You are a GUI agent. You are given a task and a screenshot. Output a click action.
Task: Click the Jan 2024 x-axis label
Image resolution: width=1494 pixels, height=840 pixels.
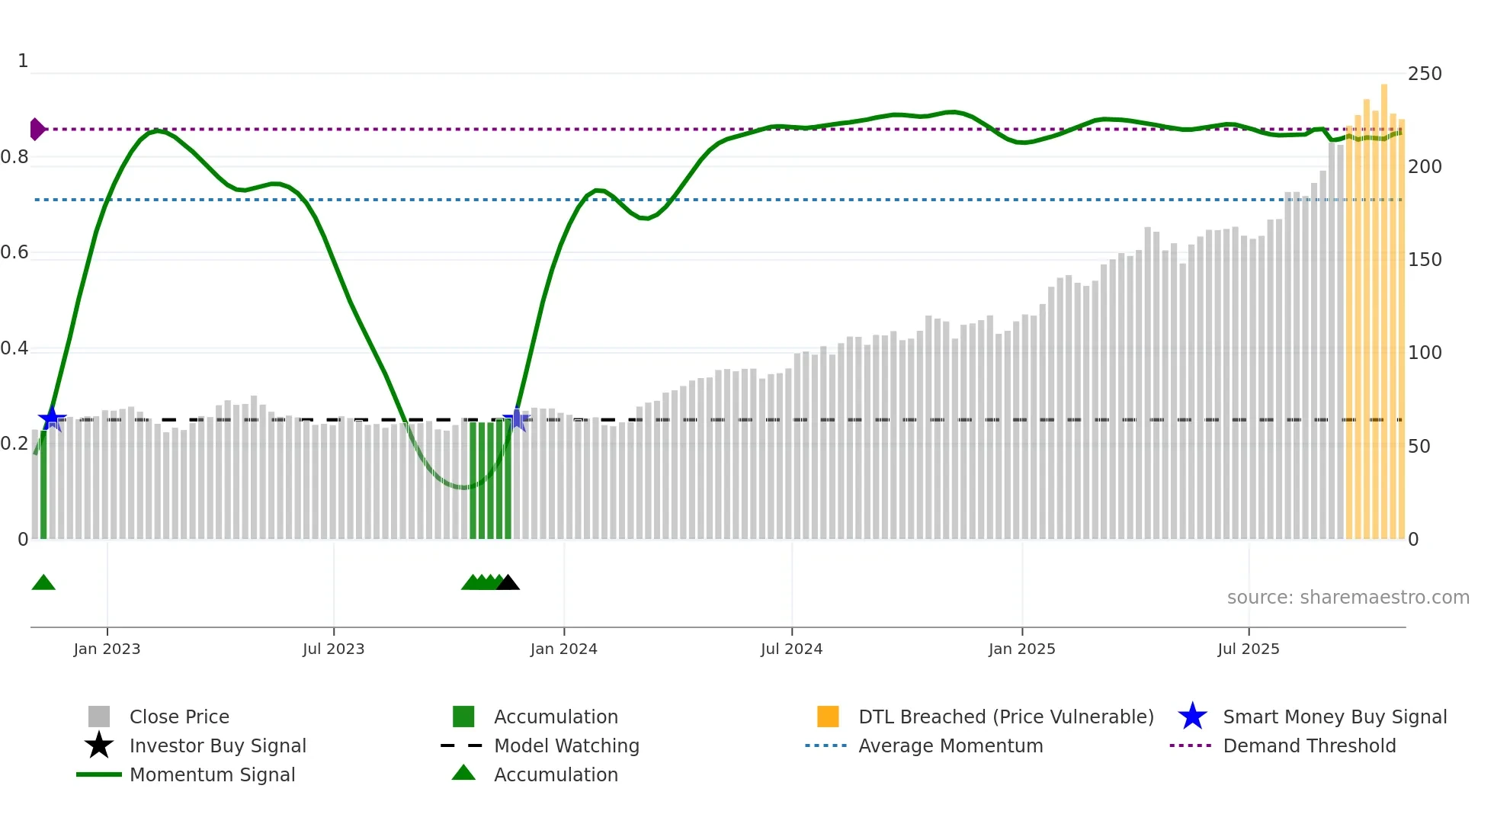pos(563,649)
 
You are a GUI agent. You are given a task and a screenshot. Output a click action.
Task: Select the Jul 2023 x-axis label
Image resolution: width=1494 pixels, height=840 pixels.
pos(333,649)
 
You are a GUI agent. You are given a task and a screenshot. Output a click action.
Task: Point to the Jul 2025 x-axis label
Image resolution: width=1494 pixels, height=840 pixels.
pos(1248,649)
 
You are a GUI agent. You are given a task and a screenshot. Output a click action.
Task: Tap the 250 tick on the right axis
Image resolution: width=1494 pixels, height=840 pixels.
pos(1424,74)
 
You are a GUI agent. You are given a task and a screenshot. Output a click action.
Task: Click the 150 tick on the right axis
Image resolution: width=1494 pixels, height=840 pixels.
pos(1424,260)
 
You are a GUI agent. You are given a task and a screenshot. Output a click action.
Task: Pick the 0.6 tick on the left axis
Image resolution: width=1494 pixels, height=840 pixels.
pos(14,252)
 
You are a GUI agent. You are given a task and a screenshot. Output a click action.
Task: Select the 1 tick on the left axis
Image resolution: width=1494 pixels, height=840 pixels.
pos(23,61)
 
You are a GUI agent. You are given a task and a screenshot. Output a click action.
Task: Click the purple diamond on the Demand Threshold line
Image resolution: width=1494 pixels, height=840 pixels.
pos(37,130)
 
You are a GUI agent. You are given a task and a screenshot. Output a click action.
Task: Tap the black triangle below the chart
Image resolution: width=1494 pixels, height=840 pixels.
pos(508,583)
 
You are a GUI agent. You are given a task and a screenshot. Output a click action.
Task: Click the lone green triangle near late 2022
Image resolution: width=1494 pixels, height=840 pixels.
pos(43,583)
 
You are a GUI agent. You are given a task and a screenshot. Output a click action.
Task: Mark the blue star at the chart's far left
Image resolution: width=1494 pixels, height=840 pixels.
pos(52,418)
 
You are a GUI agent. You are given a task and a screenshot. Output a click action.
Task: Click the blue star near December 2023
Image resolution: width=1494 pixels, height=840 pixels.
pos(516,419)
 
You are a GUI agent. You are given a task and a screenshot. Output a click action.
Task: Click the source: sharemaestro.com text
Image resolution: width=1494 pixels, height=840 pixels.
pos(1348,598)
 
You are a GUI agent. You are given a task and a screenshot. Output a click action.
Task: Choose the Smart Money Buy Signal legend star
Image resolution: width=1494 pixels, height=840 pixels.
pos(1192,717)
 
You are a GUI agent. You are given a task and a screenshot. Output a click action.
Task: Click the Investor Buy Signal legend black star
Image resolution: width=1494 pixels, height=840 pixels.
pos(99,745)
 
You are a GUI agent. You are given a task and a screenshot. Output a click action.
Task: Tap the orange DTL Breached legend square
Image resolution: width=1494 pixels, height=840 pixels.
pos(828,717)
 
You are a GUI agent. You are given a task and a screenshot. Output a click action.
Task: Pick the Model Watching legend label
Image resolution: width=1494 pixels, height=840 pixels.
pos(566,745)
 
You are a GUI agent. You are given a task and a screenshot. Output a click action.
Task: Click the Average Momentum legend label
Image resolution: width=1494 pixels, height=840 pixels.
pos(951,745)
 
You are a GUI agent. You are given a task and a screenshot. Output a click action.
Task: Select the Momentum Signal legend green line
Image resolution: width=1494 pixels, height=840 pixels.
pos(99,774)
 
